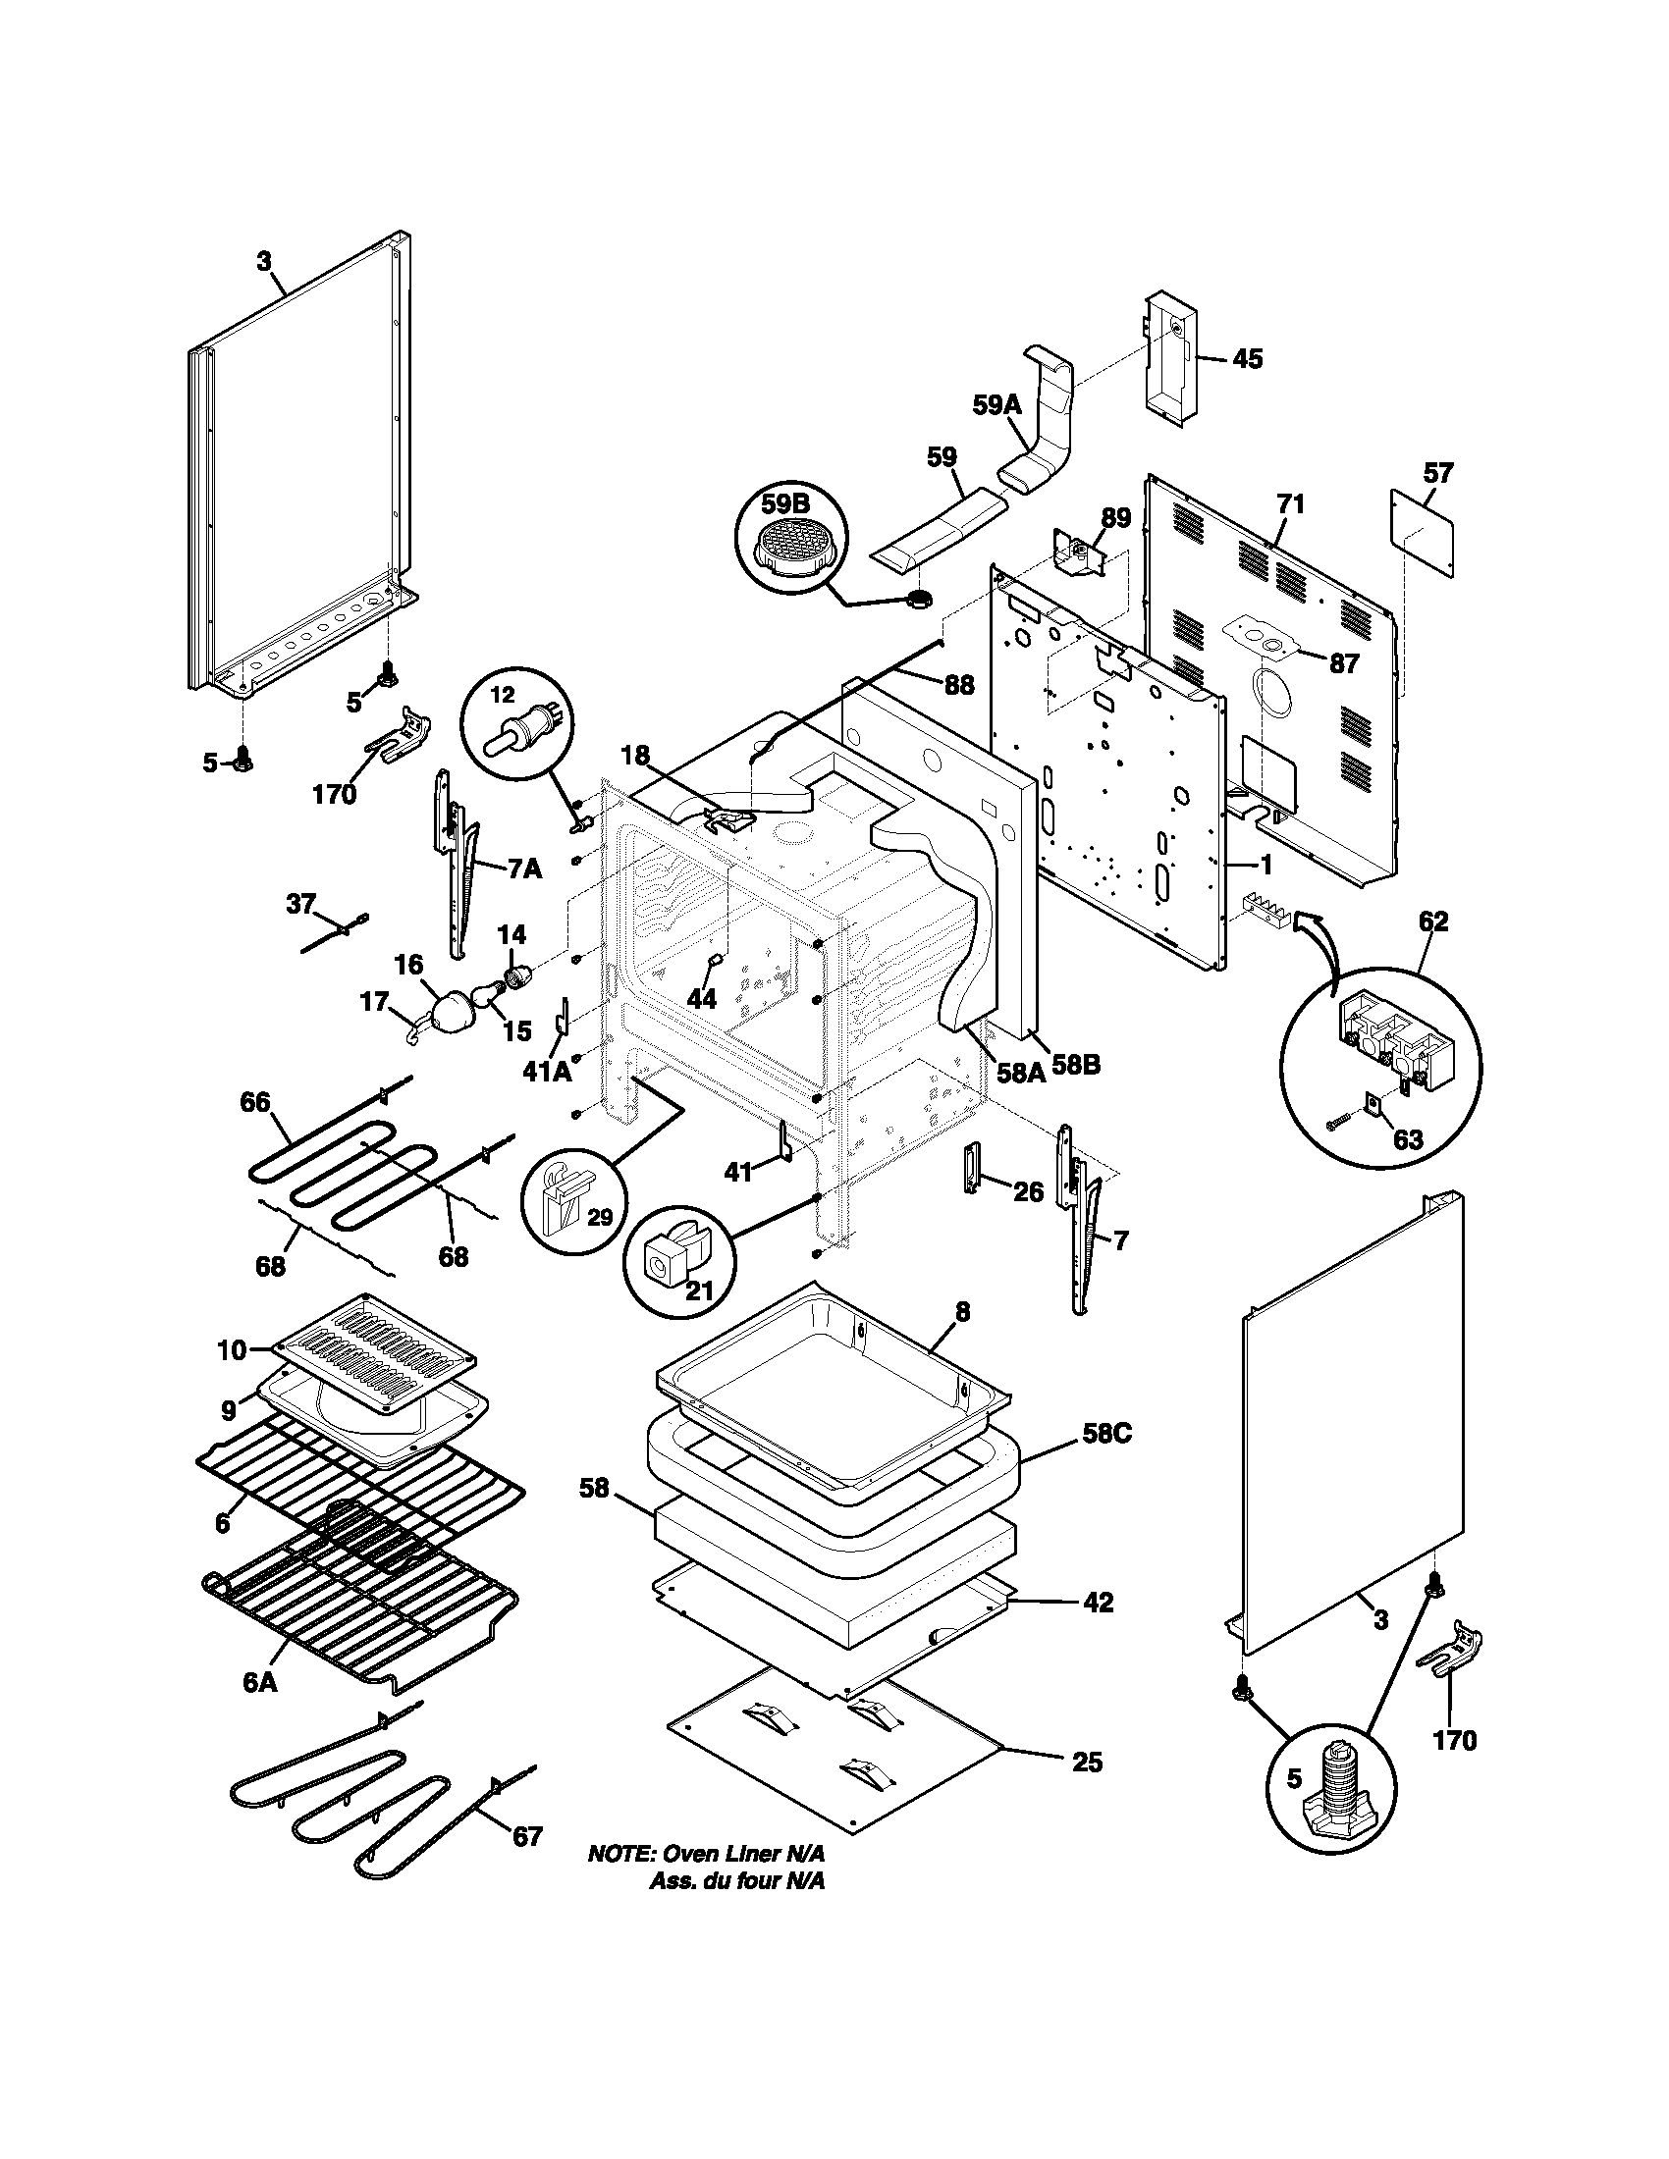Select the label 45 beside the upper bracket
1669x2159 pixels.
1248,359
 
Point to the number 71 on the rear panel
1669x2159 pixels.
1290,504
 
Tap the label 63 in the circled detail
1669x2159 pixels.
1408,1138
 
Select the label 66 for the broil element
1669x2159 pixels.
255,1102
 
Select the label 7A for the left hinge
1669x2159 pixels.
524,869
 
